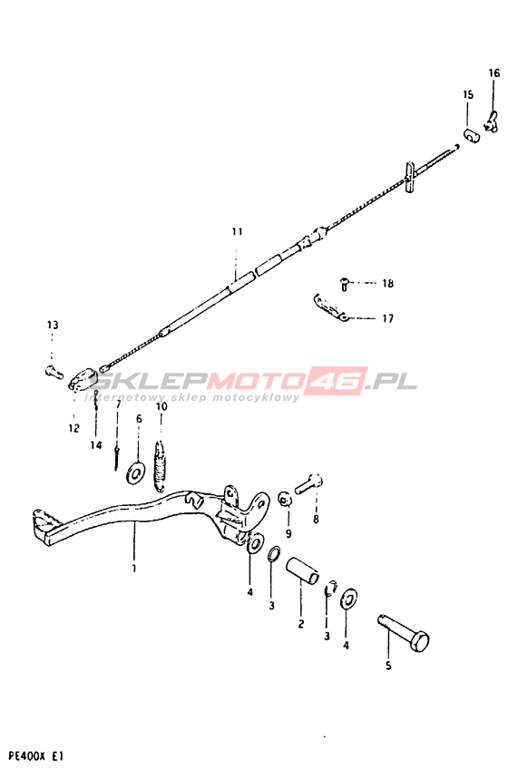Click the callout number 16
493,73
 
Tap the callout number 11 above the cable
238,231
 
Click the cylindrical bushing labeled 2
302,571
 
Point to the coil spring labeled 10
161,465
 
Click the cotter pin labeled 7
116,456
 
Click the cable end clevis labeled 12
83,379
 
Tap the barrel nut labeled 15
472,135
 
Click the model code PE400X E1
33,755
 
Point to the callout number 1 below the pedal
134,569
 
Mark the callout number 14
96,445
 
